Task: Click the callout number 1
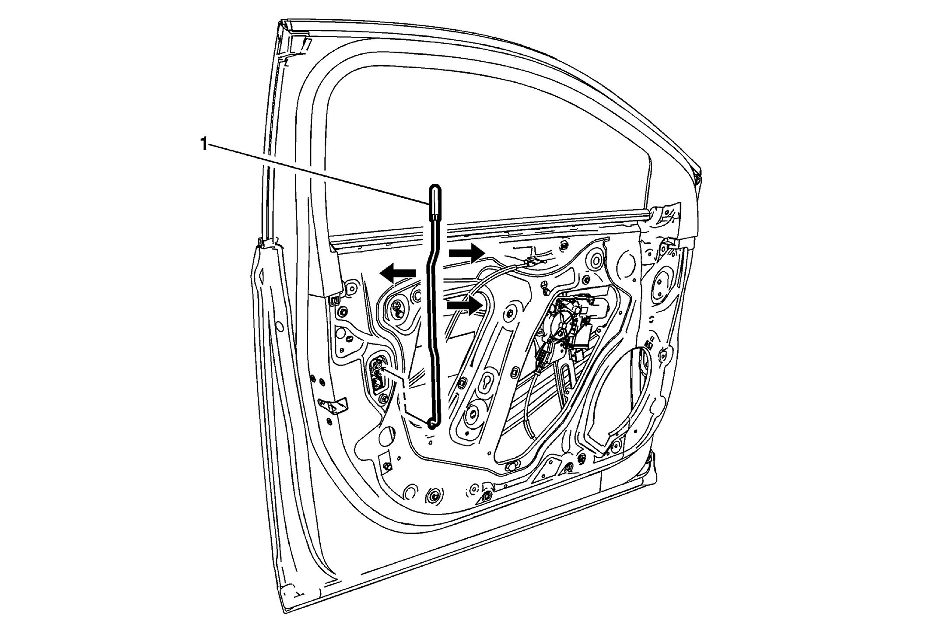point(203,144)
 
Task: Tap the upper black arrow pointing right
point(466,253)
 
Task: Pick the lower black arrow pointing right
point(465,305)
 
